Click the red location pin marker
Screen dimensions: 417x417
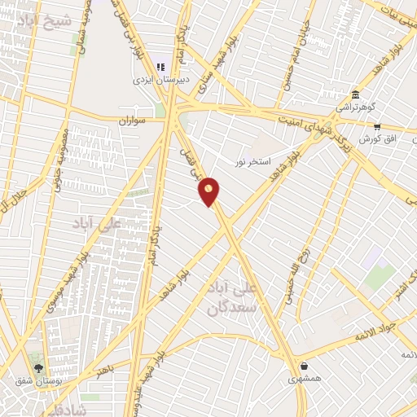(210, 191)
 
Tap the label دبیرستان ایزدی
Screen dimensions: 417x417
(161, 81)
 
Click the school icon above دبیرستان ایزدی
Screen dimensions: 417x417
(161, 67)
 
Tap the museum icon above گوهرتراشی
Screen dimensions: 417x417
(354, 94)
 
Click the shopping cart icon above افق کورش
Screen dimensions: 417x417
(377, 127)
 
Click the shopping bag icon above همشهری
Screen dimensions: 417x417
(304, 366)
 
